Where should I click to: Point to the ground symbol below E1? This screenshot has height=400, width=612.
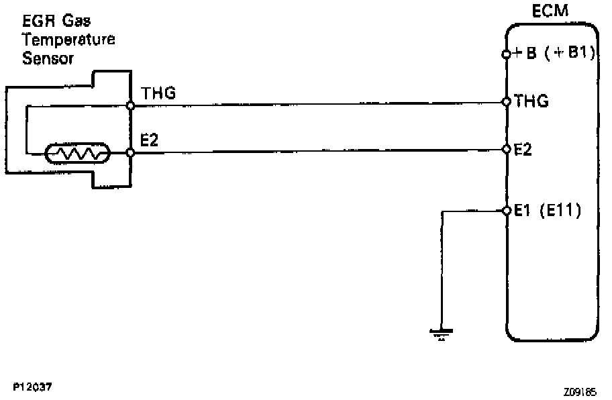pos(440,333)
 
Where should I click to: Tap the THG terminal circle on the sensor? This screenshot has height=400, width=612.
pos(131,105)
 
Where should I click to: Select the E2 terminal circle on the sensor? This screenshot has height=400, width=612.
pos(131,154)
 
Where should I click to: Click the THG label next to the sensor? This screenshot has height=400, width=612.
pos(158,95)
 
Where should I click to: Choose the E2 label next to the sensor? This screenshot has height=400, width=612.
pos(148,140)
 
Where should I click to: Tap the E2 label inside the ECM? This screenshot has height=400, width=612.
pos(523,149)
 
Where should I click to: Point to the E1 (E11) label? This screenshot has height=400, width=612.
pos(547,211)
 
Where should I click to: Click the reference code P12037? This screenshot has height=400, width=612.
pos(33,387)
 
